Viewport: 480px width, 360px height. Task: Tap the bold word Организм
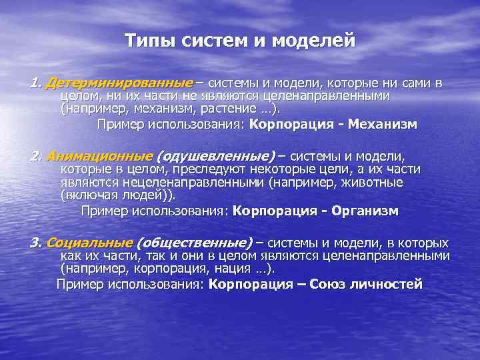pyautogui.click(x=365, y=211)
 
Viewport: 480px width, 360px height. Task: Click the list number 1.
pyautogui.click(x=34, y=84)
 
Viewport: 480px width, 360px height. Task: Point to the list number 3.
pyautogui.click(x=34, y=243)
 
